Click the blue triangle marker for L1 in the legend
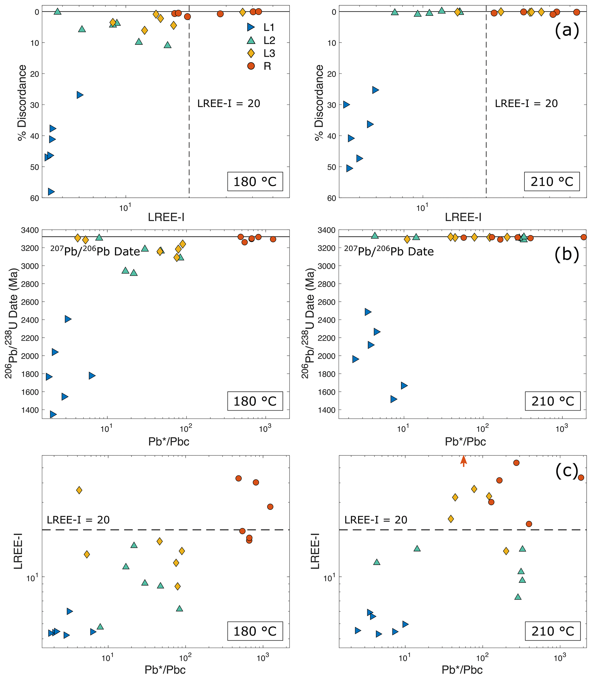(x=251, y=27)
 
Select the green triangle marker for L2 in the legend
(x=251, y=40)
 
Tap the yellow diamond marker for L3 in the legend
(x=251, y=53)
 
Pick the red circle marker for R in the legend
(x=251, y=66)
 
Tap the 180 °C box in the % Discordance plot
(x=255, y=181)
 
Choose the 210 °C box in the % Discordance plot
(x=552, y=181)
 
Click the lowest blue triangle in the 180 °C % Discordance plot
(x=51, y=192)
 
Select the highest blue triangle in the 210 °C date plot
(x=368, y=312)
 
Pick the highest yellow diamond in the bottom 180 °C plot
(x=79, y=490)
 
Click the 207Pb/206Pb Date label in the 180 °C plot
(x=95, y=252)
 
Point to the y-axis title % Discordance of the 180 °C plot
(x=22, y=103)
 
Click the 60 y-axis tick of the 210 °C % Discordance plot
(x=331, y=198)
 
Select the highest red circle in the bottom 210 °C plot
(x=516, y=463)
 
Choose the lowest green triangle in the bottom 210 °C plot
(x=518, y=597)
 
